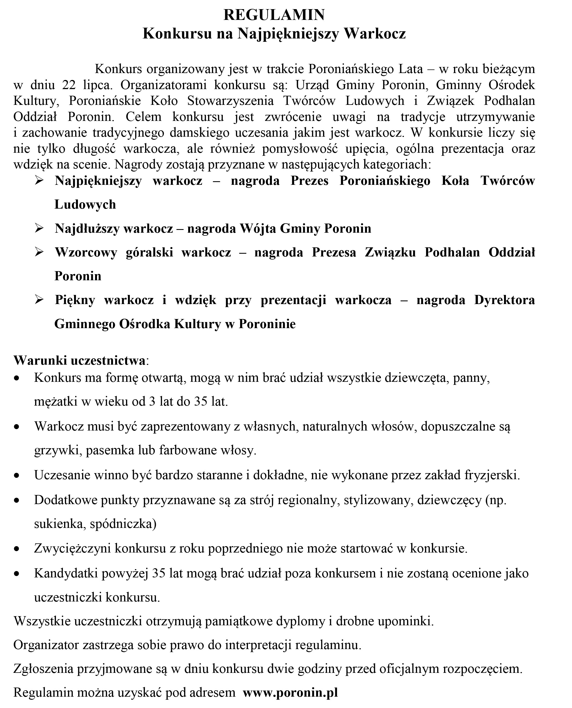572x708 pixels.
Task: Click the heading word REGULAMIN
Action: [274, 15]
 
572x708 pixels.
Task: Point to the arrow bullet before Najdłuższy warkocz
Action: [39, 228]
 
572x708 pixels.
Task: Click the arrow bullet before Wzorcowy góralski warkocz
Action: [39, 252]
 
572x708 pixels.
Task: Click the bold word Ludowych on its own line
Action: [85, 204]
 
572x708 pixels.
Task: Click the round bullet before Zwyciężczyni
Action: [17, 549]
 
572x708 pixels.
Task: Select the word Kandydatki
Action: [66, 573]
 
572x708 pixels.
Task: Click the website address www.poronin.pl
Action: [290, 693]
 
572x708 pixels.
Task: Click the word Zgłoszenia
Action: [43, 669]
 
